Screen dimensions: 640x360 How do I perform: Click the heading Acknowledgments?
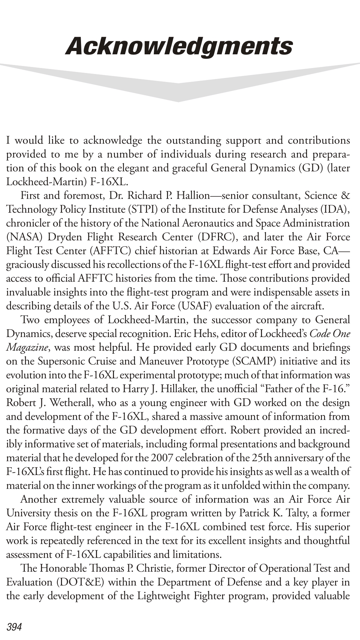(x=179, y=46)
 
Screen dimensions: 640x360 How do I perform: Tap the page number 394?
(x=14, y=627)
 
